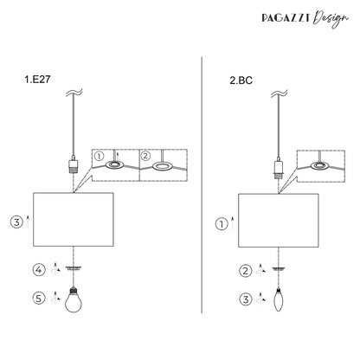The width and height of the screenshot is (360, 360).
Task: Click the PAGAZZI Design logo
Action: (x=305, y=18)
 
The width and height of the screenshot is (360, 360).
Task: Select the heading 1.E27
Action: (x=37, y=80)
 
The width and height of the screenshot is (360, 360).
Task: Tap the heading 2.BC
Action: (x=241, y=80)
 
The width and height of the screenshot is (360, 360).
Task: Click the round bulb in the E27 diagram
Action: (x=74, y=299)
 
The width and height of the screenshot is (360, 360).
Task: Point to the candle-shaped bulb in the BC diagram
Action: (x=278, y=299)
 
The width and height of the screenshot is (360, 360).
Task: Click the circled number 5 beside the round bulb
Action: (x=39, y=298)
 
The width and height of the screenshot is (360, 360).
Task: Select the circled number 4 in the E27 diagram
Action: (x=39, y=270)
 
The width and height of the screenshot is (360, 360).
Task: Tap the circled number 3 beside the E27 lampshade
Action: (x=16, y=222)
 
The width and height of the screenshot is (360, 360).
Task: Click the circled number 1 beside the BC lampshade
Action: (x=222, y=224)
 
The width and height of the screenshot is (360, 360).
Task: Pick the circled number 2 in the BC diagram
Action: (x=246, y=271)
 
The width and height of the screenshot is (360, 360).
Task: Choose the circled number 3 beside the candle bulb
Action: (x=246, y=299)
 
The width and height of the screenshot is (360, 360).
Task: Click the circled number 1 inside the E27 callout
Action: (x=99, y=157)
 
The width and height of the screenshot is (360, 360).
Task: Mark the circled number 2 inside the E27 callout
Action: (x=145, y=156)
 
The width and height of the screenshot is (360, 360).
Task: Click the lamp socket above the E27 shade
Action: (x=74, y=164)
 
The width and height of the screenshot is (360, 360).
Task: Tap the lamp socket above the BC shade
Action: (x=279, y=166)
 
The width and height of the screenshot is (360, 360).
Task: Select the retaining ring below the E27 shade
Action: (x=74, y=268)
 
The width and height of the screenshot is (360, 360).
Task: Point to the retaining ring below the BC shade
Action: (x=279, y=269)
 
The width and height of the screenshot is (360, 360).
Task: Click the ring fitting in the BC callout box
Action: (x=319, y=165)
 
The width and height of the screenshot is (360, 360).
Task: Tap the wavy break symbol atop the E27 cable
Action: (x=74, y=93)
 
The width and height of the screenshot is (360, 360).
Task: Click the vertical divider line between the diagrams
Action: (x=202, y=185)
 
